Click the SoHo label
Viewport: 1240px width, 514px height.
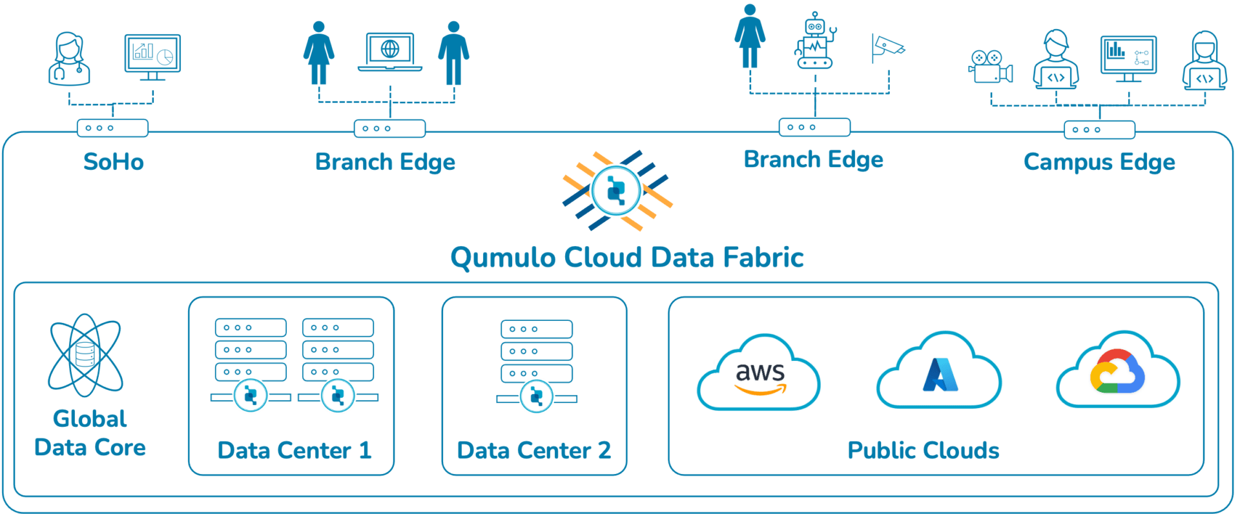pyautogui.click(x=114, y=161)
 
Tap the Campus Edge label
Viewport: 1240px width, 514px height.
pyautogui.click(x=1099, y=162)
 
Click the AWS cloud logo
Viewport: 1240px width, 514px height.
pyautogui.click(x=759, y=375)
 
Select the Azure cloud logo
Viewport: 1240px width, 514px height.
pyautogui.click(x=940, y=373)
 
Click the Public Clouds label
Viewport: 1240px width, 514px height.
pyautogui.click(x=924, y=450)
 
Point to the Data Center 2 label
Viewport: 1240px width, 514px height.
pyautogui.click(x=534, y=450)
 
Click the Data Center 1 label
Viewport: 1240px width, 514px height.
pyautogui.click(x=294, y=450)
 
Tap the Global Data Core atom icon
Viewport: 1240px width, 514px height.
pyautogui.click(x=86, y=355)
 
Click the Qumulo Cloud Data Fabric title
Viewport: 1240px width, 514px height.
pyautogui.click(x=627, y=258)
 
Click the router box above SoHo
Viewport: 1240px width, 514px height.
pyautogui.click(x=112, y=128)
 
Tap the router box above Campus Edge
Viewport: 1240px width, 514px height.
pyautogui.click(x=1099, y=130)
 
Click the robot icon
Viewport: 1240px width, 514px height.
pyautogui.click(x=816, y=41)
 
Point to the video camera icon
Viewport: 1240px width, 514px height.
pyautogui.click(x=991, y=67)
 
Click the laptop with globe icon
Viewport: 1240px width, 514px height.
pyautogui.click(x=390, y=52)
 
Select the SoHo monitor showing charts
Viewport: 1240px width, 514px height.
pyautogui.click(x=153, y=55)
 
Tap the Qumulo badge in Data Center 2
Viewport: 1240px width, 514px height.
pyautogui.click(x=536, y=396)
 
